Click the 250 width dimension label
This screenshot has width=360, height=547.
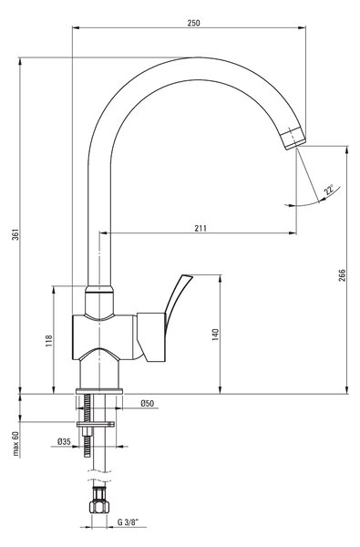point(194,23)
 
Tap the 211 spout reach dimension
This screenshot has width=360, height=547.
point(201,228)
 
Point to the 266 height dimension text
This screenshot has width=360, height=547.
point(342,275)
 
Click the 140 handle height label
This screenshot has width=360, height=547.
point(215,335)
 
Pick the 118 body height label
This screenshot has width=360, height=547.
point(49,340)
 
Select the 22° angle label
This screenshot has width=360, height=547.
point(329,191)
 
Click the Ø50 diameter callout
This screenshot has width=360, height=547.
point(148,403)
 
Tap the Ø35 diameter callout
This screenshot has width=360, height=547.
point(64,441)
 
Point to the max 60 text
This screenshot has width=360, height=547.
point(15,444)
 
